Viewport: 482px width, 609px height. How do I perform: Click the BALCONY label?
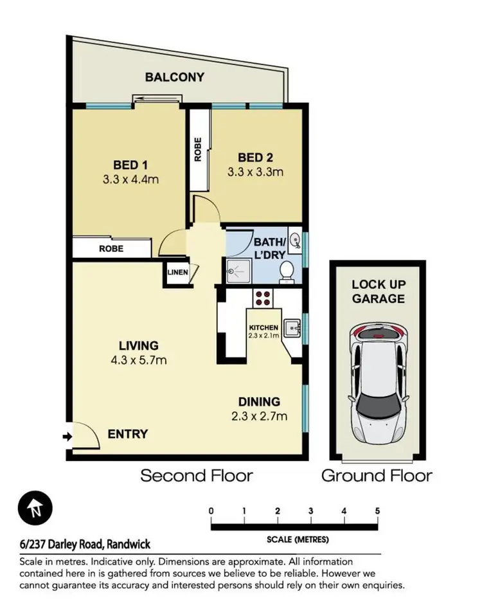point(174,77)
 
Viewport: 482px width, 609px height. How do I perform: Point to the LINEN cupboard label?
point(177,272)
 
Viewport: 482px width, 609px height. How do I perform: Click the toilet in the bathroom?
point(287,271)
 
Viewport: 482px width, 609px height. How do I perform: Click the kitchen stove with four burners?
point(263,297)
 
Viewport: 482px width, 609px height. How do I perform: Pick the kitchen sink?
point(294,327)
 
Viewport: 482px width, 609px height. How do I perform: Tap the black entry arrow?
point(67,437)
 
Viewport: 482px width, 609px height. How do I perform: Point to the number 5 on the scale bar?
point(377,511)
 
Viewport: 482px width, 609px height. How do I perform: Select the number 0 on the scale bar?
point(211,511)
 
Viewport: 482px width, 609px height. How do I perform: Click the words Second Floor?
point(197,477)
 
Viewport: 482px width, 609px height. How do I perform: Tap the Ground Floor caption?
point(377,477)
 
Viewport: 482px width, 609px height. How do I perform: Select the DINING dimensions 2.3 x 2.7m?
point(260,416)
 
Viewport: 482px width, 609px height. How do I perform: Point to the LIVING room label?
point(138,345)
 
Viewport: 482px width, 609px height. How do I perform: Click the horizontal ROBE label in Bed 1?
point(111,248)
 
